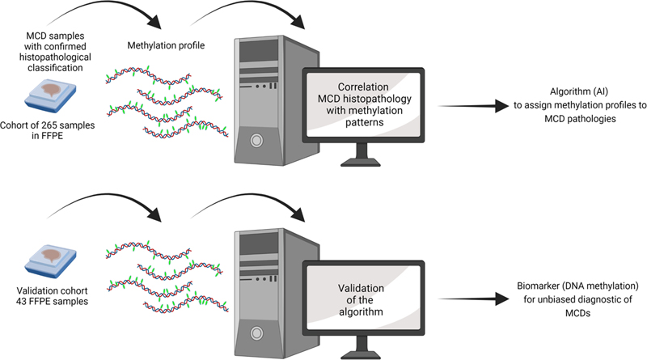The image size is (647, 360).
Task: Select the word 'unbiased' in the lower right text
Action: tap(539, 299)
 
